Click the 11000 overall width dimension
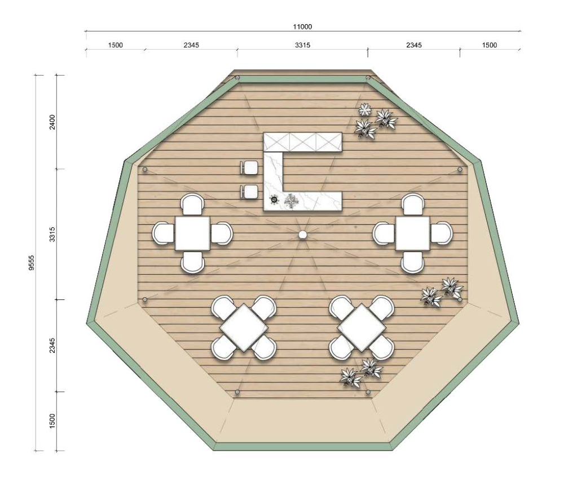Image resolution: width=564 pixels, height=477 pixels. tap(302, 26)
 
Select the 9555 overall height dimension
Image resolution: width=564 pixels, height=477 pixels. tap(32, 262)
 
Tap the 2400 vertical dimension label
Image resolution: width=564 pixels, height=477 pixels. tap(52, 122)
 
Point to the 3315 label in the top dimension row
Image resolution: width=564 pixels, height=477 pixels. tap(302, 45)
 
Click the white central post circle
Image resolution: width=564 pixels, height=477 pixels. tap(302, 235)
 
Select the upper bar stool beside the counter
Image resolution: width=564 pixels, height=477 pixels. tap(249, 167)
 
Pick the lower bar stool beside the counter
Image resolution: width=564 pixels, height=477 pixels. tap(249, 192)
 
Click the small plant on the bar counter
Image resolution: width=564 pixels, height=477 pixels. tap(291, 201)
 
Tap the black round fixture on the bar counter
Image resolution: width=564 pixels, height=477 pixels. tap(275, 199)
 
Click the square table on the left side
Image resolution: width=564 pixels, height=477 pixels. tap(192, 233)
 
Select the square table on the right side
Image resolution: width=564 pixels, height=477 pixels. tap(413, 233)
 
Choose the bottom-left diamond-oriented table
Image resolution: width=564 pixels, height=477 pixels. tap(244, 328)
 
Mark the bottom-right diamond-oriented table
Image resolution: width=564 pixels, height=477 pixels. tap(362, 328)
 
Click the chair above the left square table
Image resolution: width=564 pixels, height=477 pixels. tap(192, 205)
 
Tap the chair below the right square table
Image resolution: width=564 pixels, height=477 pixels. tap(413, 262)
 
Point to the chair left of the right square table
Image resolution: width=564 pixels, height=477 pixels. tap(384, 233)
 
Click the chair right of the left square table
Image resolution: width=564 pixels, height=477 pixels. tap(221, 233)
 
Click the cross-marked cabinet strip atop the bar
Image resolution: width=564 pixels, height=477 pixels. tap(302, 142)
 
